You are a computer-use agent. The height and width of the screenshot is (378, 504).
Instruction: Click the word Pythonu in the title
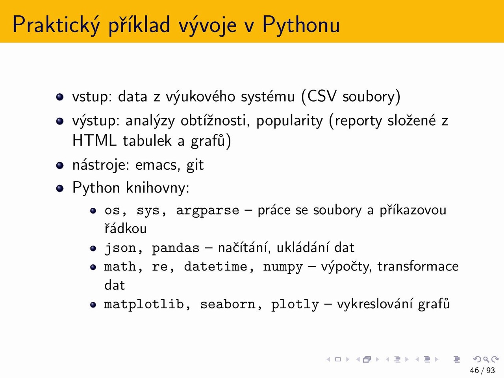click(x=301, y=25)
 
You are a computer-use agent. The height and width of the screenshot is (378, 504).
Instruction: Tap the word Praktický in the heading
click(x=56, y=25)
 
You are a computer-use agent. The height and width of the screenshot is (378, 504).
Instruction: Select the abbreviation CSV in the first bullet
click(x=322, y=96)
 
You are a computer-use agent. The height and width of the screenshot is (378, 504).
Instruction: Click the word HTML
click(x=94, y=141)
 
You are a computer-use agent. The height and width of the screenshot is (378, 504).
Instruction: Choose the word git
click(x=195, y=165)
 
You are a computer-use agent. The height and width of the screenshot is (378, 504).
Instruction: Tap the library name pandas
click(x=176, y=248)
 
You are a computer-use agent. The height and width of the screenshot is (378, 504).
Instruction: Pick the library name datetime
click(x=216, y=267)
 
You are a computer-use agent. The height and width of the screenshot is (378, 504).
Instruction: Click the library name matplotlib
click(x=144, y=304)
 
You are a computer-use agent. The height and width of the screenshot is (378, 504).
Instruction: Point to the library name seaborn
click(x=228, y=304)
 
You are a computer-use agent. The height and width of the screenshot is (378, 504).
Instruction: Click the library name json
click(x=120, y=248)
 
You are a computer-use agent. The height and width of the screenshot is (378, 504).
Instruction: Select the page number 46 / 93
click(x=482, y=371)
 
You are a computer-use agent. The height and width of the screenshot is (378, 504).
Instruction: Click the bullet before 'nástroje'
click(x=60, y=165)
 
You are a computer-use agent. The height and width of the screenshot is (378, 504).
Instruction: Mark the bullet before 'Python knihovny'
click(x=60, y=188)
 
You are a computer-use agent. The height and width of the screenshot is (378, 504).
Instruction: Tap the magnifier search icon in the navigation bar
click(x=486, y=359)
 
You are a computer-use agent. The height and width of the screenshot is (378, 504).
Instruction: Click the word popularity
click(x=289, y=121)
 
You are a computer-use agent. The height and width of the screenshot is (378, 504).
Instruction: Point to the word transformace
click(x=418, y=267)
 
